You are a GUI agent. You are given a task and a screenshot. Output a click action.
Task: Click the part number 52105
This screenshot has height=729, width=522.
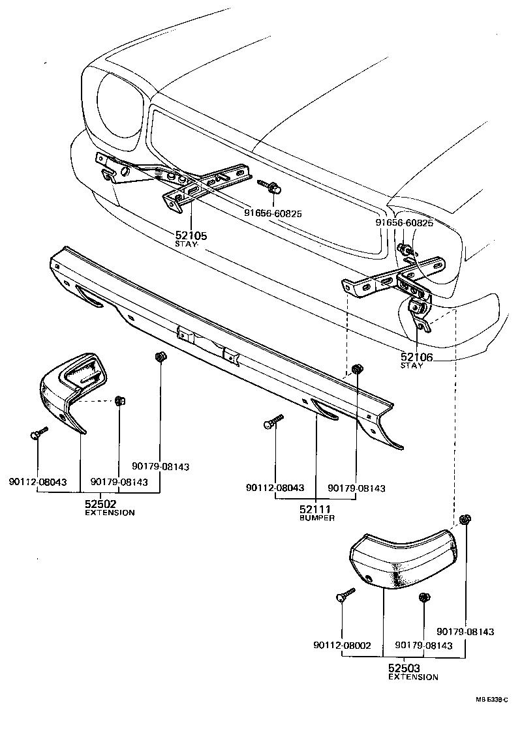(x=191, y=235)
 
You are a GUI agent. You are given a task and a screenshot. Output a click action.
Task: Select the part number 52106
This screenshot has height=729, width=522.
(x=416, y=357)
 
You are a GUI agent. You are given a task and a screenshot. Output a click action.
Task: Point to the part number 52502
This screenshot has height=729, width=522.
(x=100, y=504)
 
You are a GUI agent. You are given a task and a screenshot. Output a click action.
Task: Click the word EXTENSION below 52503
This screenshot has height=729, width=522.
(x=413, y=677)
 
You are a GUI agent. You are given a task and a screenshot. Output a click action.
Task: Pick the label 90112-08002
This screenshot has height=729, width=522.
(x=342, y=646)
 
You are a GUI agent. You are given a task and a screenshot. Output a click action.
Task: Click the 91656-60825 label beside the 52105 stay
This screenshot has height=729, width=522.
(x=273, y=213)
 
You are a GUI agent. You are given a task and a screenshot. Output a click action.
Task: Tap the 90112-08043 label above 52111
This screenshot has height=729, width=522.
(x=275, y=488)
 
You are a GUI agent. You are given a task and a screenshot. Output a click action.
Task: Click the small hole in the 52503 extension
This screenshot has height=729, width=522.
(x=369, y=578)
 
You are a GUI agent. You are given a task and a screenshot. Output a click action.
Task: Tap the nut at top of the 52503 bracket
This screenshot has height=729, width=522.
(x=465, y=520)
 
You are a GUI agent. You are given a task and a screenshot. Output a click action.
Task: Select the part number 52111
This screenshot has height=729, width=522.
(x=316, y=508)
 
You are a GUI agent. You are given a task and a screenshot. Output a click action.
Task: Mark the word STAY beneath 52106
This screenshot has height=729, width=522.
(x=412, y=366)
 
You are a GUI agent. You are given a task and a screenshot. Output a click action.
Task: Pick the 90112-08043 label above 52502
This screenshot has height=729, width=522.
(x=38, y=482)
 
